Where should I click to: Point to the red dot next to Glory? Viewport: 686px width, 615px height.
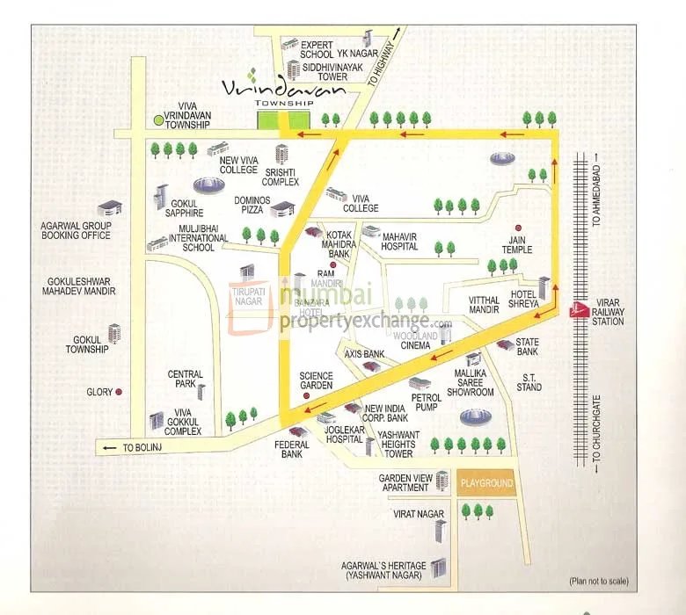[x=119, y=393]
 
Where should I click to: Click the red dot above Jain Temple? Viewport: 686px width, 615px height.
[x=518, y=226]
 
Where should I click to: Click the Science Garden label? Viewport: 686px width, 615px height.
[x=316, y=380]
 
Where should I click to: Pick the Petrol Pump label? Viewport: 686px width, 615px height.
[x=427, y=402]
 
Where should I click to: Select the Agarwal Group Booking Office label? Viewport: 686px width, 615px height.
[x=76, y=230]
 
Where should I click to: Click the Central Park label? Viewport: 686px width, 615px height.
[x=186, y=380]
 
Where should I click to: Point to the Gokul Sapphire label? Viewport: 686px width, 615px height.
[x=184, y=207]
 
